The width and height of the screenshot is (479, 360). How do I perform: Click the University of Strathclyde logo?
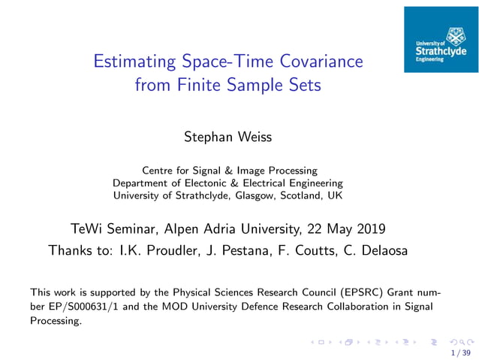(441, 40)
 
